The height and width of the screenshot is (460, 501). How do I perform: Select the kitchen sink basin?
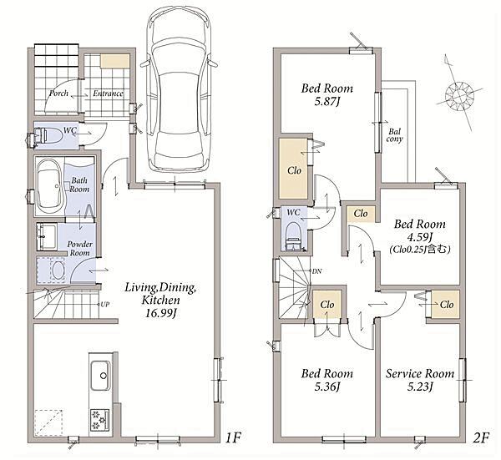point(100,376)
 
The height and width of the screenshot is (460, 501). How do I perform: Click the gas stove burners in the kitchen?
point(99,420)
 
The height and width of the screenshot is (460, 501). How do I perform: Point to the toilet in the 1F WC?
point(48,136)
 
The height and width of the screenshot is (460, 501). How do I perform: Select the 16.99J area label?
point(161,314)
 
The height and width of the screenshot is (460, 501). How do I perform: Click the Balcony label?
point(394,135)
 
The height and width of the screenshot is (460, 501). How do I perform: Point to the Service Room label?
point(419,373)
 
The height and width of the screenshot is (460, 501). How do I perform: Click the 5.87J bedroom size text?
point(326,102)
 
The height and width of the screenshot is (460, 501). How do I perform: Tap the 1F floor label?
point(233,437)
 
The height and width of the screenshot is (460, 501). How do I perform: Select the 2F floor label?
point(481,437)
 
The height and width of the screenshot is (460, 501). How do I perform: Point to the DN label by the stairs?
point(316,271)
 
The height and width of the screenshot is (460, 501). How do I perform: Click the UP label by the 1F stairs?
point(105,304)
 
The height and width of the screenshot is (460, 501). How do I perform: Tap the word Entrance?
point(108,94)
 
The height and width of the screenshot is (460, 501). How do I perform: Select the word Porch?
point(58,94)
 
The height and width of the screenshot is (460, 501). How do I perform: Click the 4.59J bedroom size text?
point(419,237)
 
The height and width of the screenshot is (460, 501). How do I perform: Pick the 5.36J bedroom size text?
point(326,387)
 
